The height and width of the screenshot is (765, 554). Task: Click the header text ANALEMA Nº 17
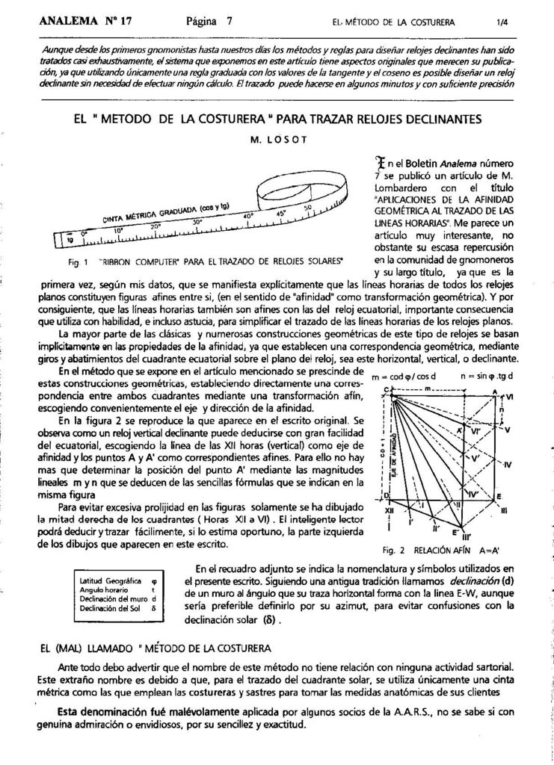85,21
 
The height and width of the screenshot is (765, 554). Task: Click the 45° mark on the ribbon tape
281,211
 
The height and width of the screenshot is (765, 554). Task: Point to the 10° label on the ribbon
118,231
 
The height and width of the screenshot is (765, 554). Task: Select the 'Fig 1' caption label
76,263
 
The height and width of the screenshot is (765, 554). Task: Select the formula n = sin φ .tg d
487,375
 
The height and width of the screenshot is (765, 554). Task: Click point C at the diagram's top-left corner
386,390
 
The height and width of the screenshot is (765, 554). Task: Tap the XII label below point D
390,510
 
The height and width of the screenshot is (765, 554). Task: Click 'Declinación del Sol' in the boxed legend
111,608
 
